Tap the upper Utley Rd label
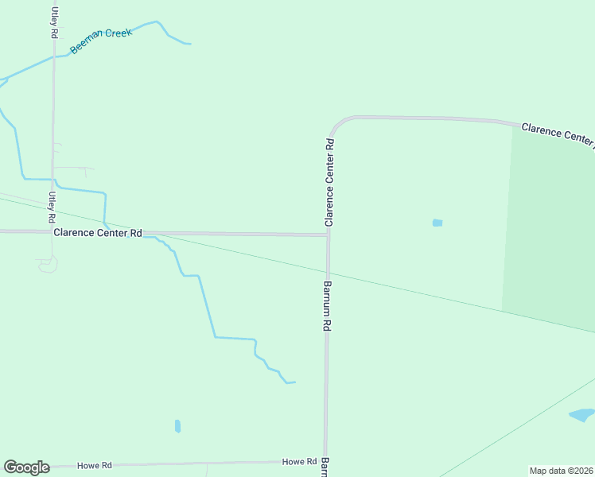(54, 22)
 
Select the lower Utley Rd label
(52, 207)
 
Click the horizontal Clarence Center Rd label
(97, 233)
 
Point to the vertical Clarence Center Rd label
(329, 182)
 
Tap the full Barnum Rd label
(326, 306)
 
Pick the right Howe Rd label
(299, 462)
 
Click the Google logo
(26, 467)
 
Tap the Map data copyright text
(561, 471)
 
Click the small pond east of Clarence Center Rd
(437, 223)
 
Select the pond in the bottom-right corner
(581, 414)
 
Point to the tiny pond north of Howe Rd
(177, 426)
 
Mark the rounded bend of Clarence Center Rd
(337, 123)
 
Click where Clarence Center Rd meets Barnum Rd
(328, 235)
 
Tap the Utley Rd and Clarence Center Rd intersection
(52, 232)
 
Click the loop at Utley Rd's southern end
(48, 265)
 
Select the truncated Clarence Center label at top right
(557, 134)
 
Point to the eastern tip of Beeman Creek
(189, 43)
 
